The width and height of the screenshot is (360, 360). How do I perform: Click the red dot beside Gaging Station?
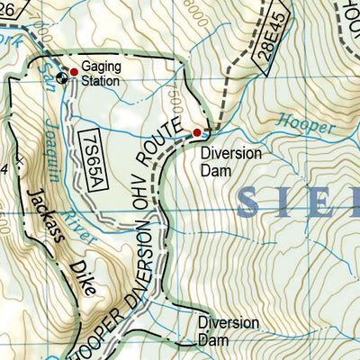(74, 72)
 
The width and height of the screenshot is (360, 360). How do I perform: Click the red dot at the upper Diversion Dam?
(197, 133)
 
